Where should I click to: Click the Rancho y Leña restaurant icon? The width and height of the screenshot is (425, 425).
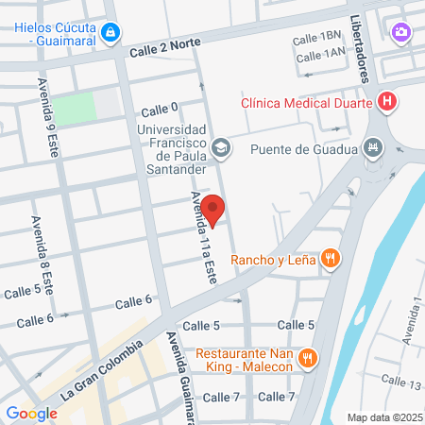pos(330,259)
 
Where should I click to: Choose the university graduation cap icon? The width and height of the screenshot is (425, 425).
pos(221,146)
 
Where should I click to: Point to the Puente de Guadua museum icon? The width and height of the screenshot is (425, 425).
pos(374,148)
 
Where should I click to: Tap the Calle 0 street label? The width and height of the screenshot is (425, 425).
pos(160,109)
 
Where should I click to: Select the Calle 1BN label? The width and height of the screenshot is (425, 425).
pos(316,38)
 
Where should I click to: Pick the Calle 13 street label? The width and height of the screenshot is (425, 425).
pos(401,384)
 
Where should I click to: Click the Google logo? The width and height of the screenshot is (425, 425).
pos(31,413)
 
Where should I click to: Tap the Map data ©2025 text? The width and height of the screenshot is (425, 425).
pos(384,417)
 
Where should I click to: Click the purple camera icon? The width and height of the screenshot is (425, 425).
pos(401,33)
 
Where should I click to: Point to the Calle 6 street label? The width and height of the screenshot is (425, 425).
pos(133,302)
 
